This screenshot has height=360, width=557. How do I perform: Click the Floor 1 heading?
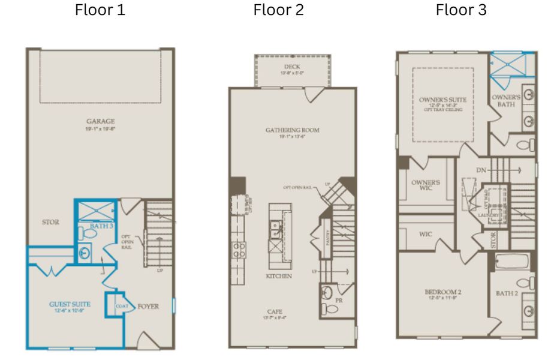click(100, 10)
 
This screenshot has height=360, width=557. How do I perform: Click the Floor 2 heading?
click(278, 10)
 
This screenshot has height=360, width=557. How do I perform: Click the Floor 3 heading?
click(461, 10)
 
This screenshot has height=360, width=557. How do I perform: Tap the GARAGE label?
click(100, 121)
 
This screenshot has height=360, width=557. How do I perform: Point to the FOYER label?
click(148, 307)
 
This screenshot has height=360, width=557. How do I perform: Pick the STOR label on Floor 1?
click(50, 223)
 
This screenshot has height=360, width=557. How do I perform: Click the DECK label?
click(293, 66)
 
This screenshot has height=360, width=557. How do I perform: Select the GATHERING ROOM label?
click(293, 130)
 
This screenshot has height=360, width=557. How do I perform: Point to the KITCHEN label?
click(279, 276)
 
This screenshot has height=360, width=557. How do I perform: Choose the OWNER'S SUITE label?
click(443, 99)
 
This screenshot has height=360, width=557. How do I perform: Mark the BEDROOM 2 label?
click(442, 292)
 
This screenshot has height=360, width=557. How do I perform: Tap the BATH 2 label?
click(507, 293)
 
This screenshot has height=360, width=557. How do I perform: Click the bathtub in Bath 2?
click(513, 262)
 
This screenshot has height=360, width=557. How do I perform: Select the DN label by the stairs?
click(481, 170)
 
